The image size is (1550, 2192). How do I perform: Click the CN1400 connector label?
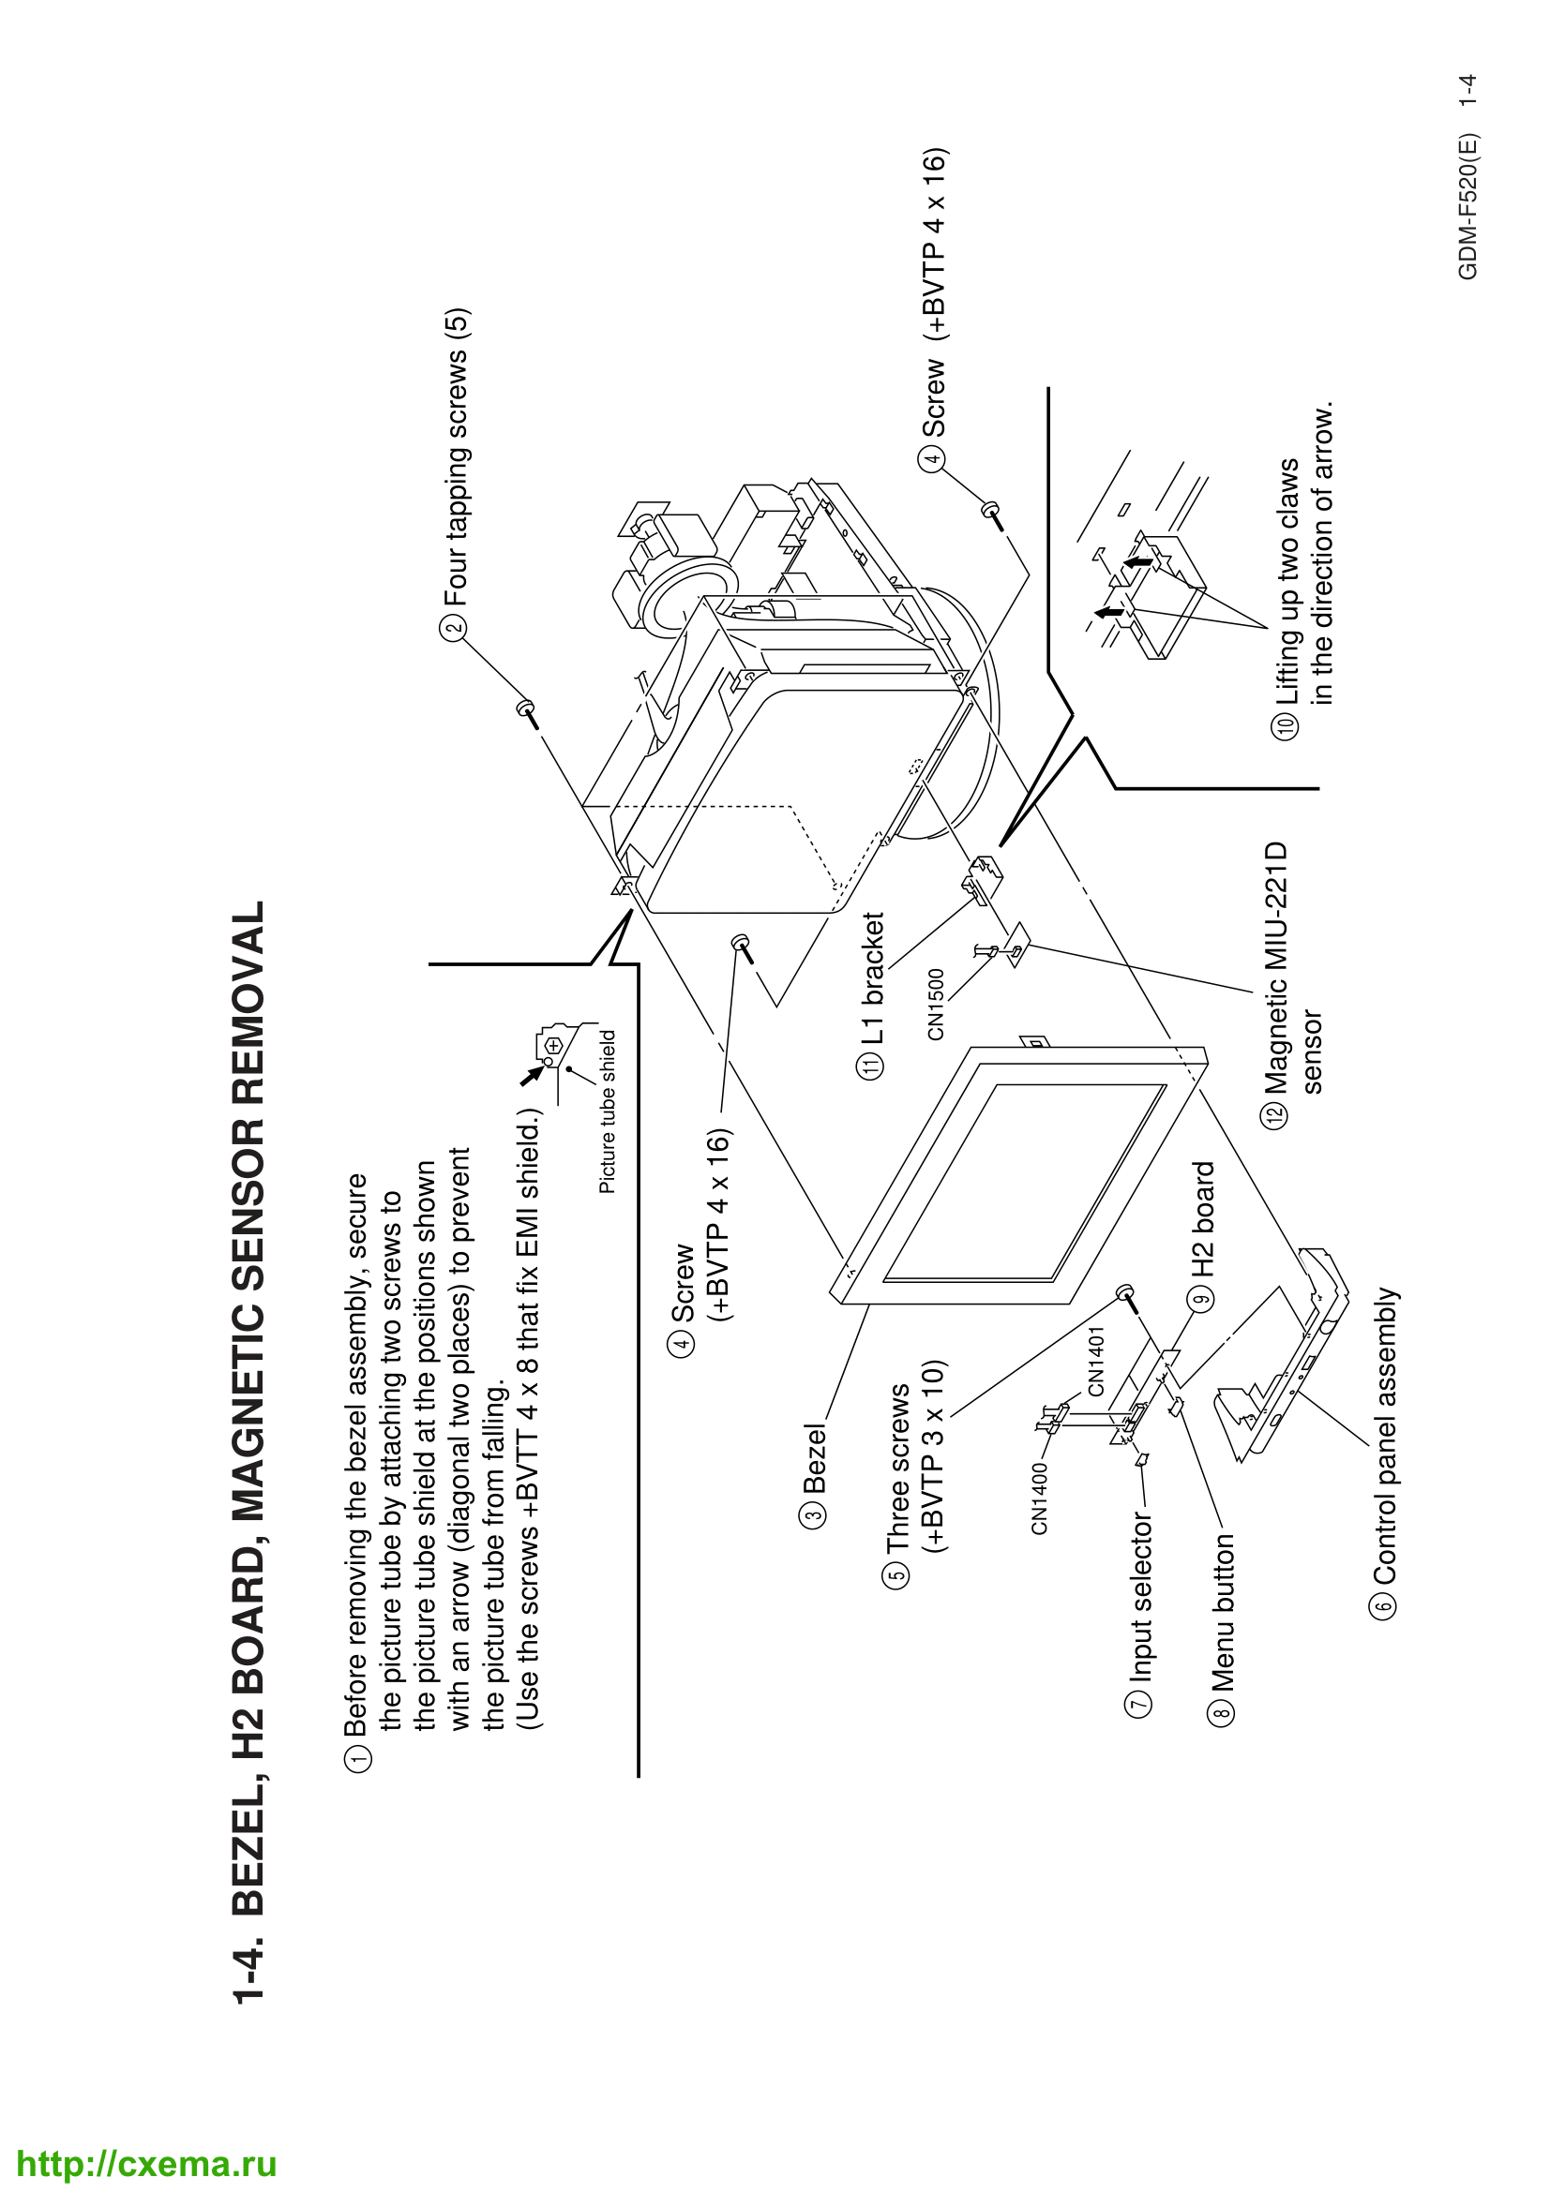pyautogui.click(x=1039, y=1498)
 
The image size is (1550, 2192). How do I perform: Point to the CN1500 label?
pyautogui.click(x=936, y=1005)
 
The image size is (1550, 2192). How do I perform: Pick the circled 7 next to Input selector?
pyautogui.click(x=1140, y=1702)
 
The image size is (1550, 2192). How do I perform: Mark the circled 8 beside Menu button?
pyautogui.click(x=1224, y=1709)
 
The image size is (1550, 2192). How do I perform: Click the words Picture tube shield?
pyautogui.click(x=608, y=1111)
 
